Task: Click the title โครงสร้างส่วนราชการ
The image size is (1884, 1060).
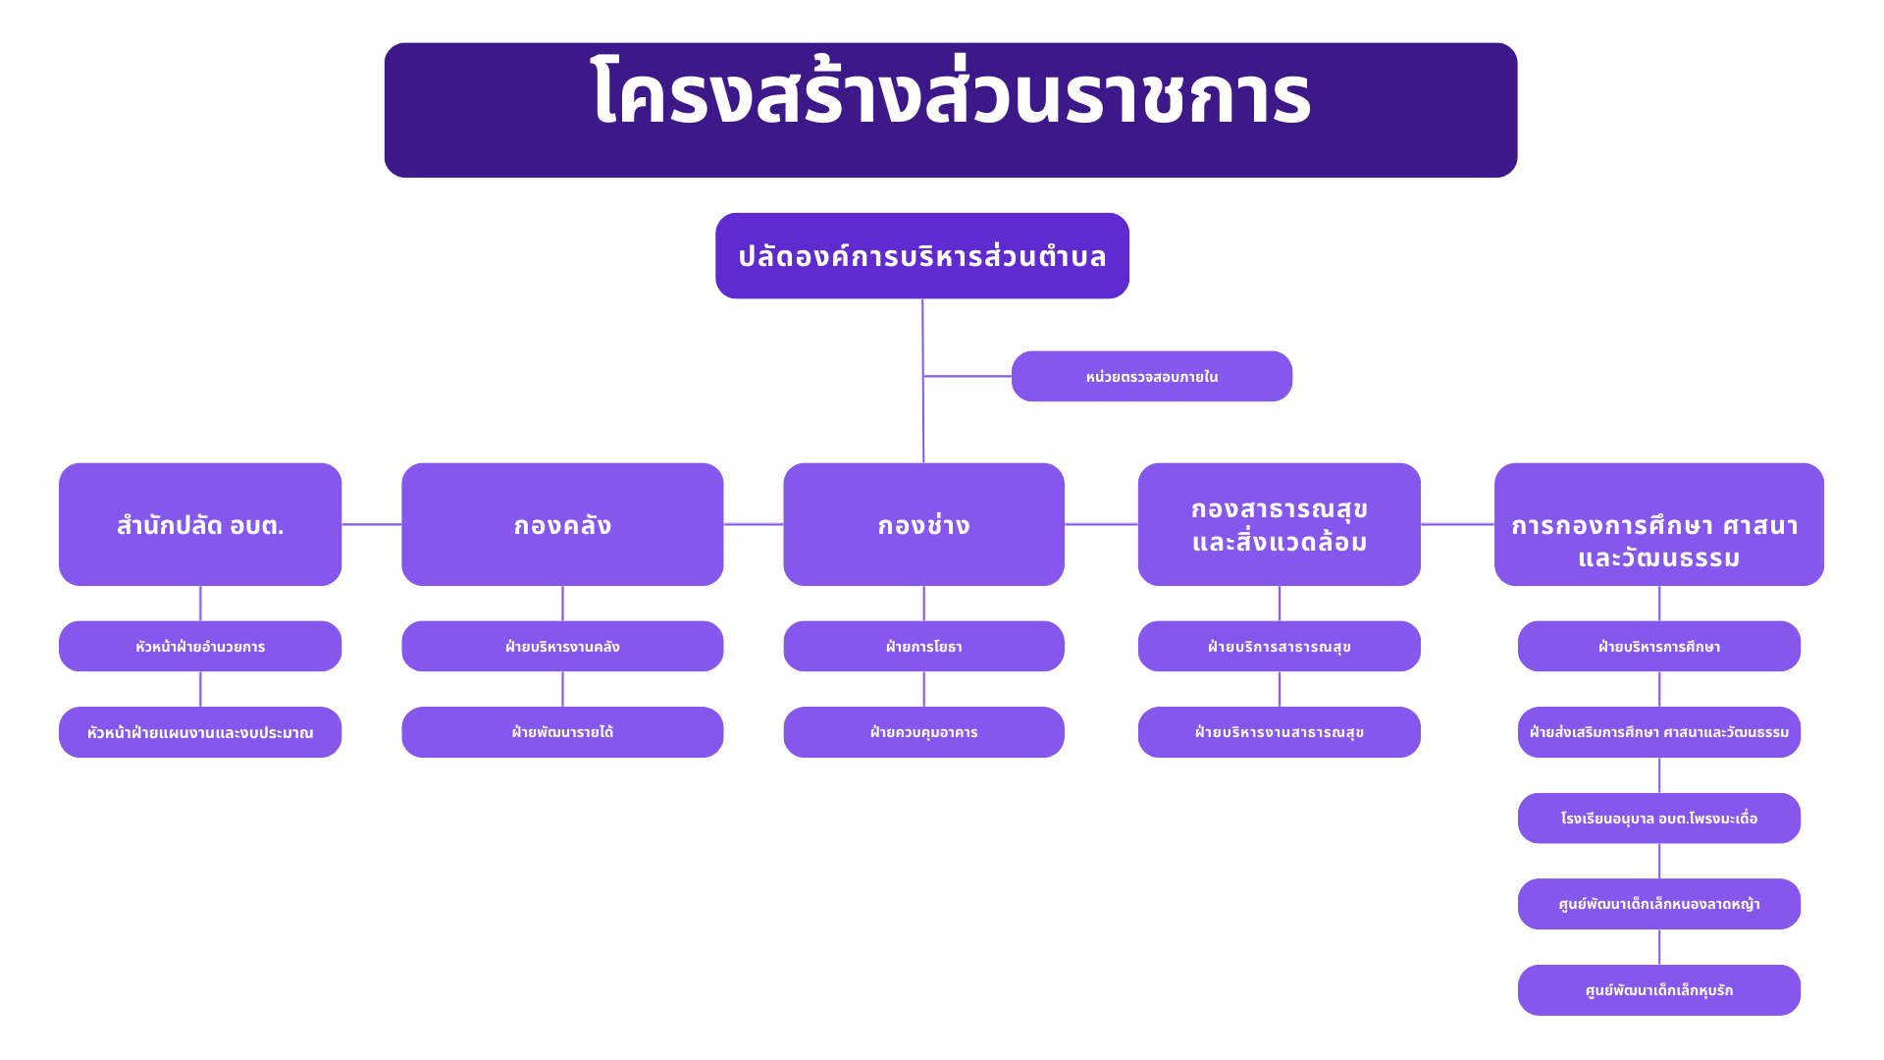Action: (x=951, y=94)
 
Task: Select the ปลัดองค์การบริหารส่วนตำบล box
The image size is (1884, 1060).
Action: (x=922, y=256)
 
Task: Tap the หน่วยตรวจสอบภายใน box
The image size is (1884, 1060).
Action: (x=1152, y=376)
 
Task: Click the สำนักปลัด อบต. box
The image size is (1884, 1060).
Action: (x=200, y=524)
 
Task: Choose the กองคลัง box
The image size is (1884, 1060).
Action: (x=562, y=524)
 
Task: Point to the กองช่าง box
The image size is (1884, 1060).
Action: (x=923, y=524)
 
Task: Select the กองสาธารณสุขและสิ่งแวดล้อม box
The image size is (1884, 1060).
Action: (x=1280, y=524)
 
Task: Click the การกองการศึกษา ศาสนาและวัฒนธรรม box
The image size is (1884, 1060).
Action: (x=1659, y=524)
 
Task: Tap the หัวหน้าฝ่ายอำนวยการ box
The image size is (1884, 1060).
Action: (x=200, y=646)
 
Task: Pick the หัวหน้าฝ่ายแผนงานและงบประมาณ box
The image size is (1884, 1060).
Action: (x=200, y=732)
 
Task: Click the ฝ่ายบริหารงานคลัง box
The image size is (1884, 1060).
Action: (x=562, y=646)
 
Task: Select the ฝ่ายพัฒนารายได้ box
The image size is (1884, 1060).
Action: (x=562, y=732)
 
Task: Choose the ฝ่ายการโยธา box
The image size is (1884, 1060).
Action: (x=923, y=646)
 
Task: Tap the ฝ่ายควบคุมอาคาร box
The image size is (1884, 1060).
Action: (x=923, y=732)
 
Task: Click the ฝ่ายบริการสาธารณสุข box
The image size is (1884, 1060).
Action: (x=1280, y=646)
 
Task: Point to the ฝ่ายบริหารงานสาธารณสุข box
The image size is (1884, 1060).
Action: (x=1280, y=732)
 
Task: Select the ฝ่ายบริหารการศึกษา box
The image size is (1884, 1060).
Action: (x=1659, y=646)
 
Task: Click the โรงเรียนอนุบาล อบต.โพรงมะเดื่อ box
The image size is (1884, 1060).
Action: (x=1659, y=818)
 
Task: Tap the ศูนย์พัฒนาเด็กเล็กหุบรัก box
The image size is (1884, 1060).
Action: (x=1659, y=990)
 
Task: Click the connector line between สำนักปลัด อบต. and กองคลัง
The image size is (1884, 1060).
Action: (x=372, y=524)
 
